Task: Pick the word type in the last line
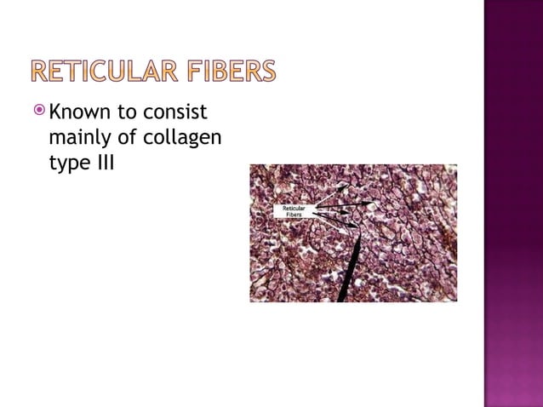[x=67, y=161]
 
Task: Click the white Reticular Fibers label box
[x=294, y=210]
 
